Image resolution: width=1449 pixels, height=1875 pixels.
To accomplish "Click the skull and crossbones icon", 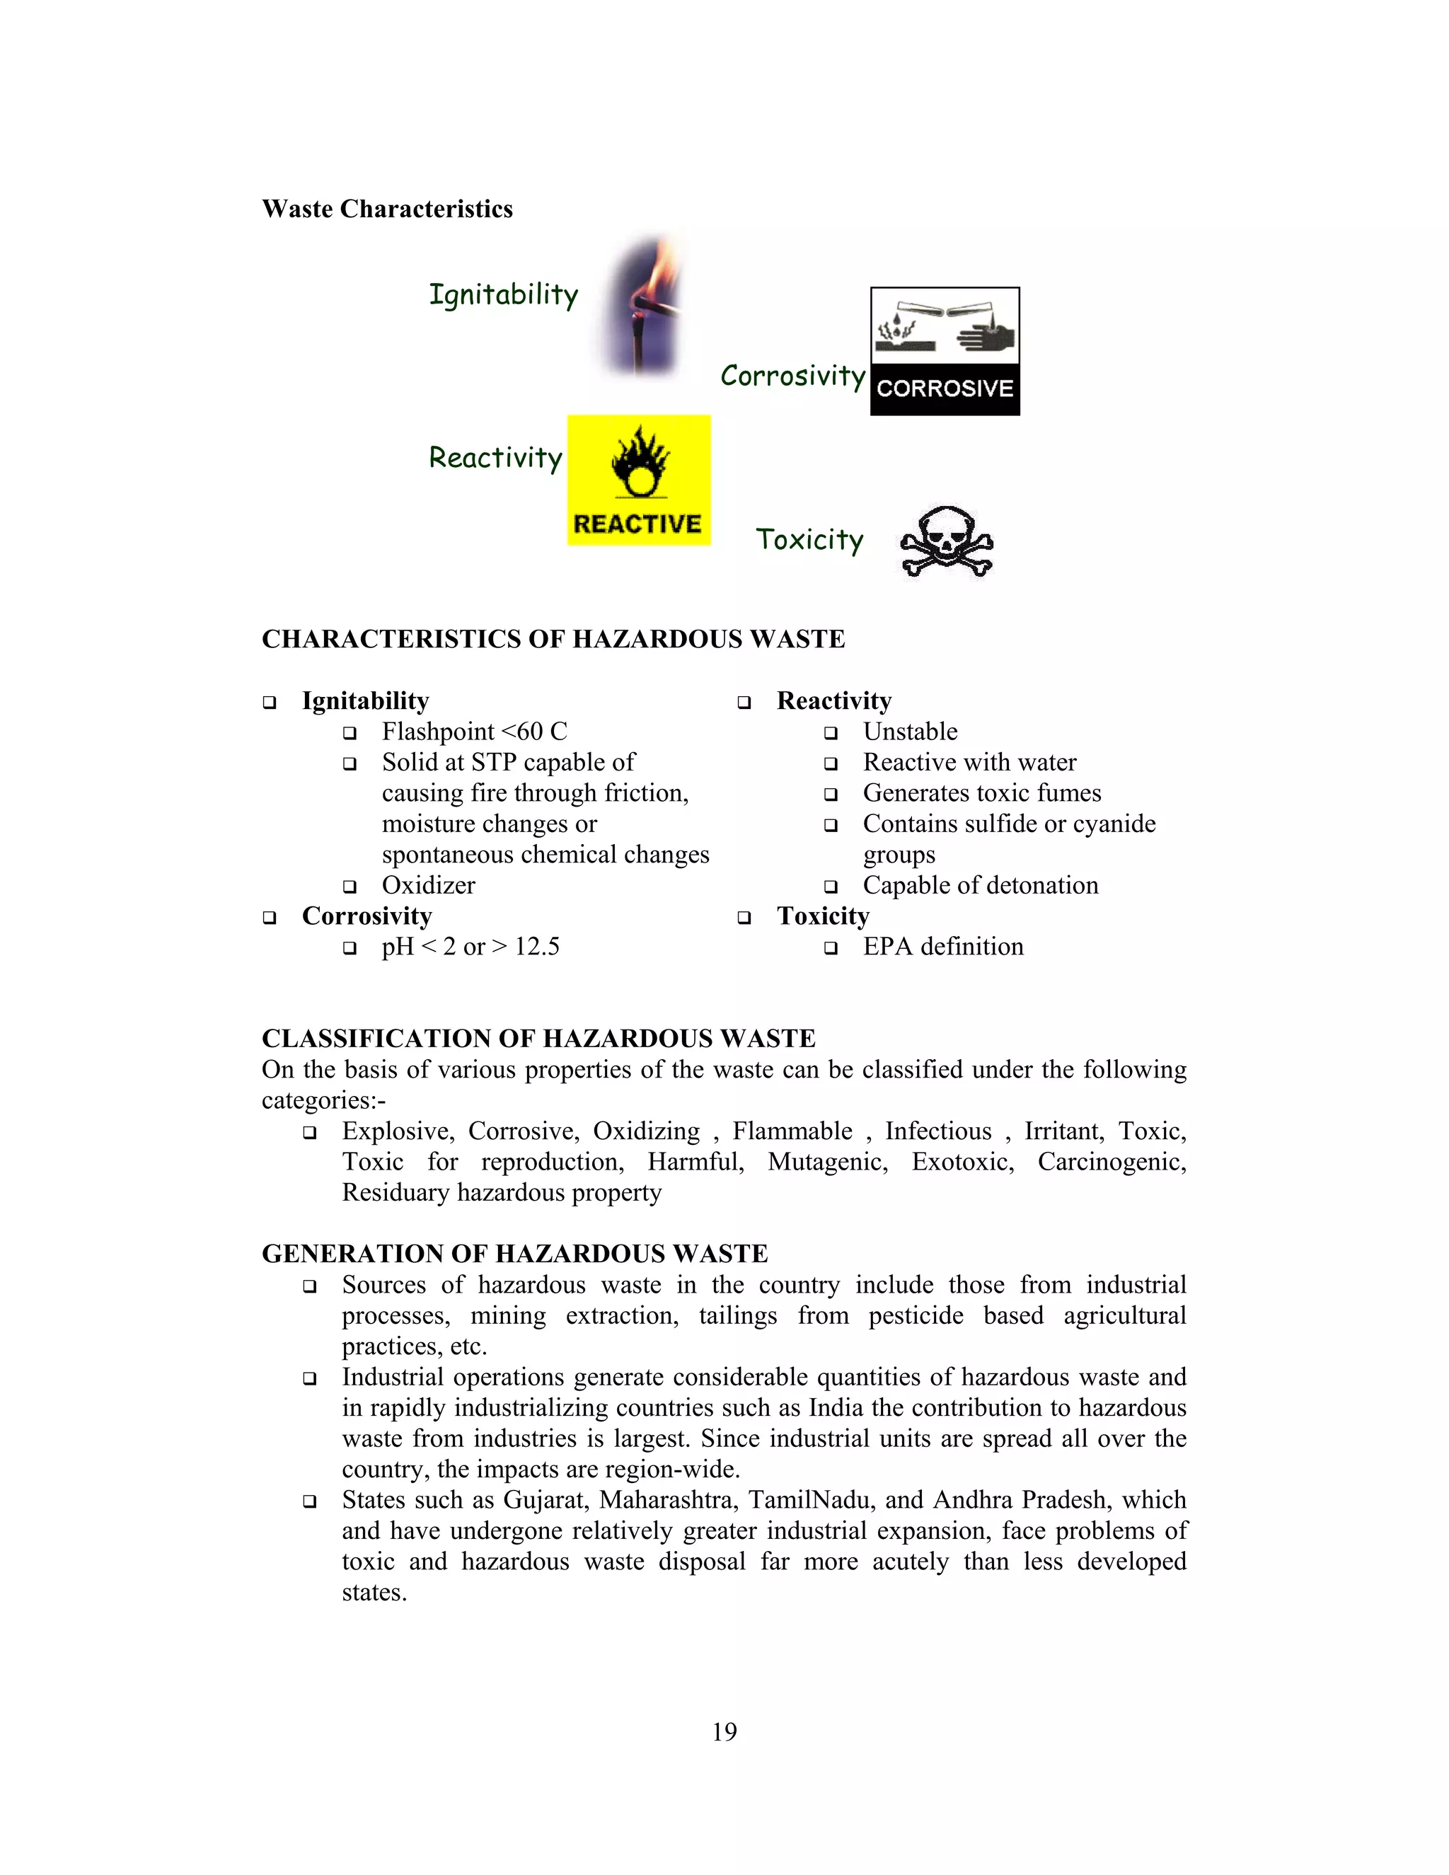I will tap(946, 543).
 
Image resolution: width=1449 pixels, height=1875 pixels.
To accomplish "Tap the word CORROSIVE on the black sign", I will tap(945, 389).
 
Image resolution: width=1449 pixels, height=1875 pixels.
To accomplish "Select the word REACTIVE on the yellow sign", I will tap(637, 524).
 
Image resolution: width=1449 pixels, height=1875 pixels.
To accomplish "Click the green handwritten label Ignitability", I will tap(503, 295).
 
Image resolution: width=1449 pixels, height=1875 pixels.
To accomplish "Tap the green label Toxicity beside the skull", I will tap(809, 540).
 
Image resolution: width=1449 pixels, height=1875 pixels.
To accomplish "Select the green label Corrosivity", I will tap(792, 376).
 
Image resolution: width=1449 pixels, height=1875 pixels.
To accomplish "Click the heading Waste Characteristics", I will tap(387, 209).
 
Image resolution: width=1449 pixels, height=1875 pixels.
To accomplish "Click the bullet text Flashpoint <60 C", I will tap(474, 732).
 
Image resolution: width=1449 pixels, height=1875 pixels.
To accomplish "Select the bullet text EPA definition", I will tap(942, 947).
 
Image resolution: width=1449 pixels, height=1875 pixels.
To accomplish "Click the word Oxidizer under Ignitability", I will tap(428, 885).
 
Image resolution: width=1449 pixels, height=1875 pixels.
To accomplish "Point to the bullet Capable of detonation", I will tap(981, 885).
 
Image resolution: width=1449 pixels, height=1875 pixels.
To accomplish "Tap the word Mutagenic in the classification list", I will tap(826, 1162).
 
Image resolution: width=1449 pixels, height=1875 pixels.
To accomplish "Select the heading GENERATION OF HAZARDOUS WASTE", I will tap(514, 1254).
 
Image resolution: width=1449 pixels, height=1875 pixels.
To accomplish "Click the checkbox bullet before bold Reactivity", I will tap(744, 703).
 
